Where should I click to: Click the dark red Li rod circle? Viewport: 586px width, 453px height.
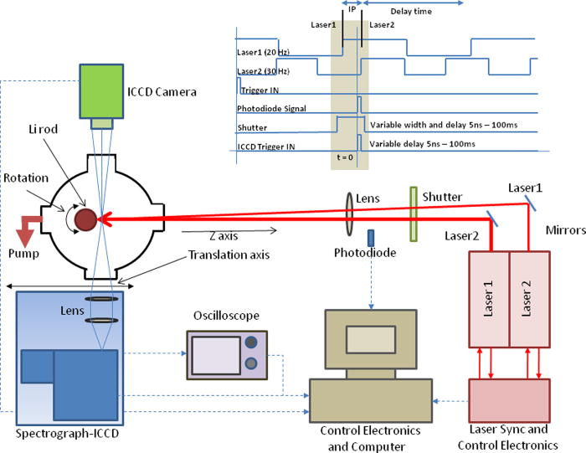[x=85, y=219]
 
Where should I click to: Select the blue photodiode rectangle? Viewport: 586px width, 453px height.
[x=370, y=238]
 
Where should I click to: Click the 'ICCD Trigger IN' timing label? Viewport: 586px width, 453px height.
[x=272, y=146]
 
